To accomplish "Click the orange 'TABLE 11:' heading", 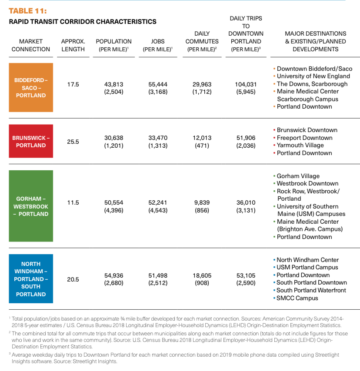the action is point(28,11).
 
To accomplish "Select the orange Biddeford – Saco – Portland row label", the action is point(31,88).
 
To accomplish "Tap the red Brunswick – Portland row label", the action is point(31,141).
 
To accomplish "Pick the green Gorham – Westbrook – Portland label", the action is point(31,206).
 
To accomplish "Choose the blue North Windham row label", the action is point(31,279).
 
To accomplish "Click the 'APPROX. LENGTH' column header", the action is point(73,45).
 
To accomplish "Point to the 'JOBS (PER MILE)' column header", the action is point(158,45).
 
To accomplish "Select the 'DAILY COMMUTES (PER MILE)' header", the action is point(202,41).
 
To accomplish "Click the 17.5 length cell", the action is point(73,84).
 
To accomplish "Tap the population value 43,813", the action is point(113,84).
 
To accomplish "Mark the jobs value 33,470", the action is point(158,138).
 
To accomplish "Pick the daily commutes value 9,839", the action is point(202,203).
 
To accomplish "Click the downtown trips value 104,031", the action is point(246,84).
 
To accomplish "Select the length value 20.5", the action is point(73,279).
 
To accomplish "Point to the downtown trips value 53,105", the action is point(246,276).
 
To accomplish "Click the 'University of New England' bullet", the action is point(311,76).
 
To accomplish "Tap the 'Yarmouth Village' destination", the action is point(298,145).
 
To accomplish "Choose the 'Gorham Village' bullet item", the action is point(296,176).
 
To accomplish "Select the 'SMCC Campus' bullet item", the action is point(296,298).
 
